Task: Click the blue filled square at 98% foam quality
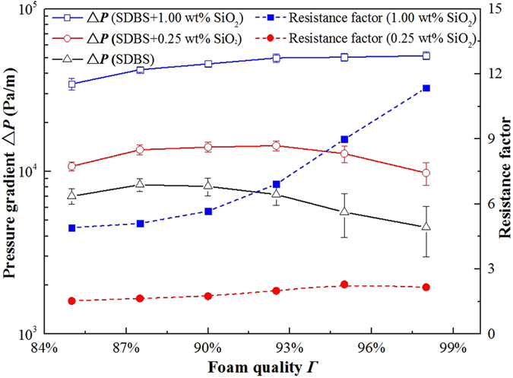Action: tap(426, 88)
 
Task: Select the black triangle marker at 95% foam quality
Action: tap(344, 211)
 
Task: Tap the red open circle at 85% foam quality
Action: tap(71, 167)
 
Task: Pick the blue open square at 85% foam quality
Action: tap(71, 84)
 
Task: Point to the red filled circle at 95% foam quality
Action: tap(344, 284)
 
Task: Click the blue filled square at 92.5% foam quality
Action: tap(277, 184)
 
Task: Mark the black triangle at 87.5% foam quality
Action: tap(140, 184)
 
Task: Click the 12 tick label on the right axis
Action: tap(496, 74)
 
